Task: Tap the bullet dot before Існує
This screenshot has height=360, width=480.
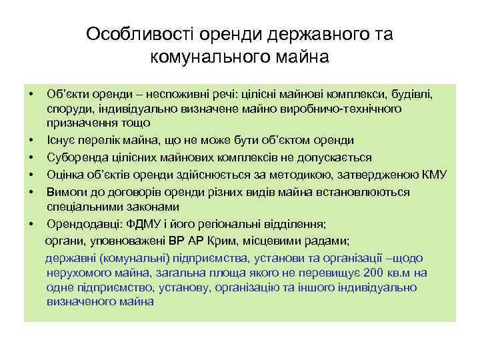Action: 31,140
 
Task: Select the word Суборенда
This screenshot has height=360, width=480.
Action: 74,157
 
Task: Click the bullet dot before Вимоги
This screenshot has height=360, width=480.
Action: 31,192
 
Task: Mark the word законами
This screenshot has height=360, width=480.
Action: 139,207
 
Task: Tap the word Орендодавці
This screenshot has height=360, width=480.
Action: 78,224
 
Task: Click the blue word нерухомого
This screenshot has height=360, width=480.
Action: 77,273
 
